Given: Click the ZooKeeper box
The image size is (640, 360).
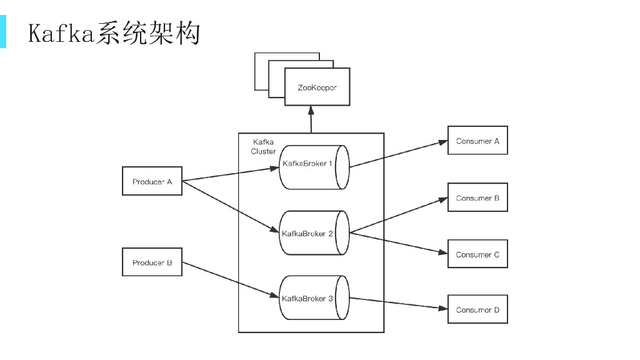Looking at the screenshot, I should pyautogui.click(x=317, y=87).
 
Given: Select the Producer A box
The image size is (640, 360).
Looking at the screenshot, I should pyautogui.click(x=152, y=182).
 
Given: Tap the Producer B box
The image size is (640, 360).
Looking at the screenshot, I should pyautogui.click(x=152, y=263).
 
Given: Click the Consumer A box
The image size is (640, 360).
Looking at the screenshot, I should pyautogui.click(x=477, y=141).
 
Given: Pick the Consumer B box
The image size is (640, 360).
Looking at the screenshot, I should pyautogui.click(x=477, y=198).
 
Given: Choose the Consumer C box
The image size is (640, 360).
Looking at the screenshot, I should pyautogui.click(x=477, y=254).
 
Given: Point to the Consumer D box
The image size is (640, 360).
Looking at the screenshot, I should pyautogui.click(x=477, y=310).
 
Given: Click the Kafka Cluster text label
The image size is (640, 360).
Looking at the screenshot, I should pyautogui.click(x=263, y=147).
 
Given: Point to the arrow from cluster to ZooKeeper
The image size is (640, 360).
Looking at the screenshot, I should pyautogui.click(x=311, y=120).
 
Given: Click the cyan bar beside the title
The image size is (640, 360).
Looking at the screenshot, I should pyautogui.click(x=3, y=32).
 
